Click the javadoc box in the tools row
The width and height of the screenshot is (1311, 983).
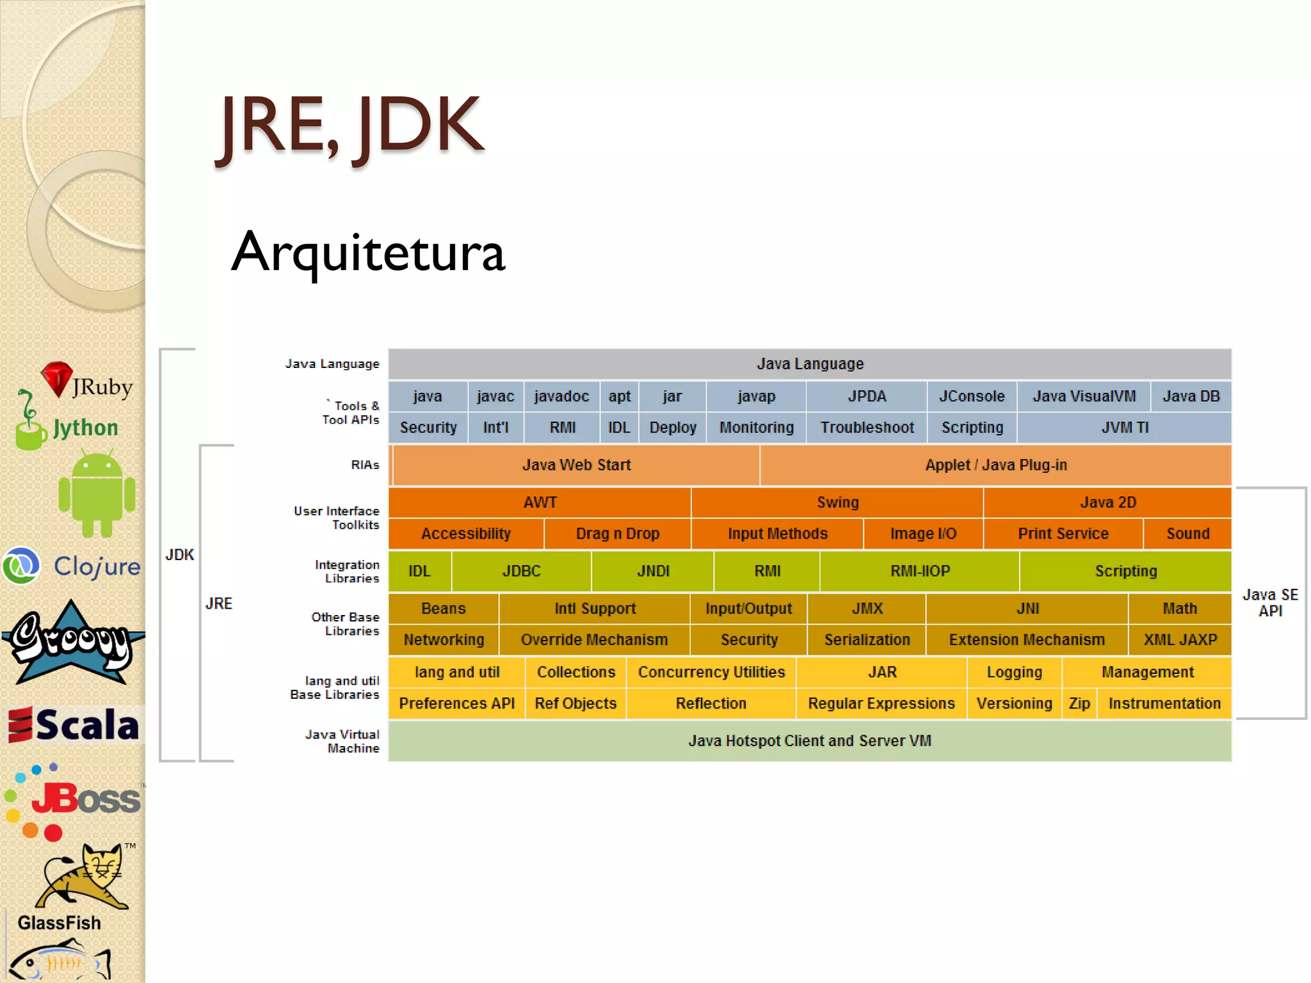561,397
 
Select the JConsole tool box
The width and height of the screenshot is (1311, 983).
972,397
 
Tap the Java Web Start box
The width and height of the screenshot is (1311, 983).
576,465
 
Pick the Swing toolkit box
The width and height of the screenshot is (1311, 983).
837,502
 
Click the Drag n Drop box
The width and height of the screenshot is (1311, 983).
617,534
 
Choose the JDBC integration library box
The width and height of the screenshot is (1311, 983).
521,571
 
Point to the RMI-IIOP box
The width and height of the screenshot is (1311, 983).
920,571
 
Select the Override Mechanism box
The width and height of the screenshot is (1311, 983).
594,640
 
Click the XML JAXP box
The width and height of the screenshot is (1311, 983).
1180,640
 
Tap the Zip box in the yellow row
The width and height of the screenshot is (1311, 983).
1079,704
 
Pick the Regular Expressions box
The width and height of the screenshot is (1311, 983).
881,704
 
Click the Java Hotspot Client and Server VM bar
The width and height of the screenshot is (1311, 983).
810,741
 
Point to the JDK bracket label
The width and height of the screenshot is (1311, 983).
179,555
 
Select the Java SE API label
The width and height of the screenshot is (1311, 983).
1270,603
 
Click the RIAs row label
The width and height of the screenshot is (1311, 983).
365,465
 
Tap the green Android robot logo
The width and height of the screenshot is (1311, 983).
97,493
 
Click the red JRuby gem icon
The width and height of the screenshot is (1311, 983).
57,378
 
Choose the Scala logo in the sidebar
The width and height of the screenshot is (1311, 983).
74,725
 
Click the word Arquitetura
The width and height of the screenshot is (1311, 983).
368,252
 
